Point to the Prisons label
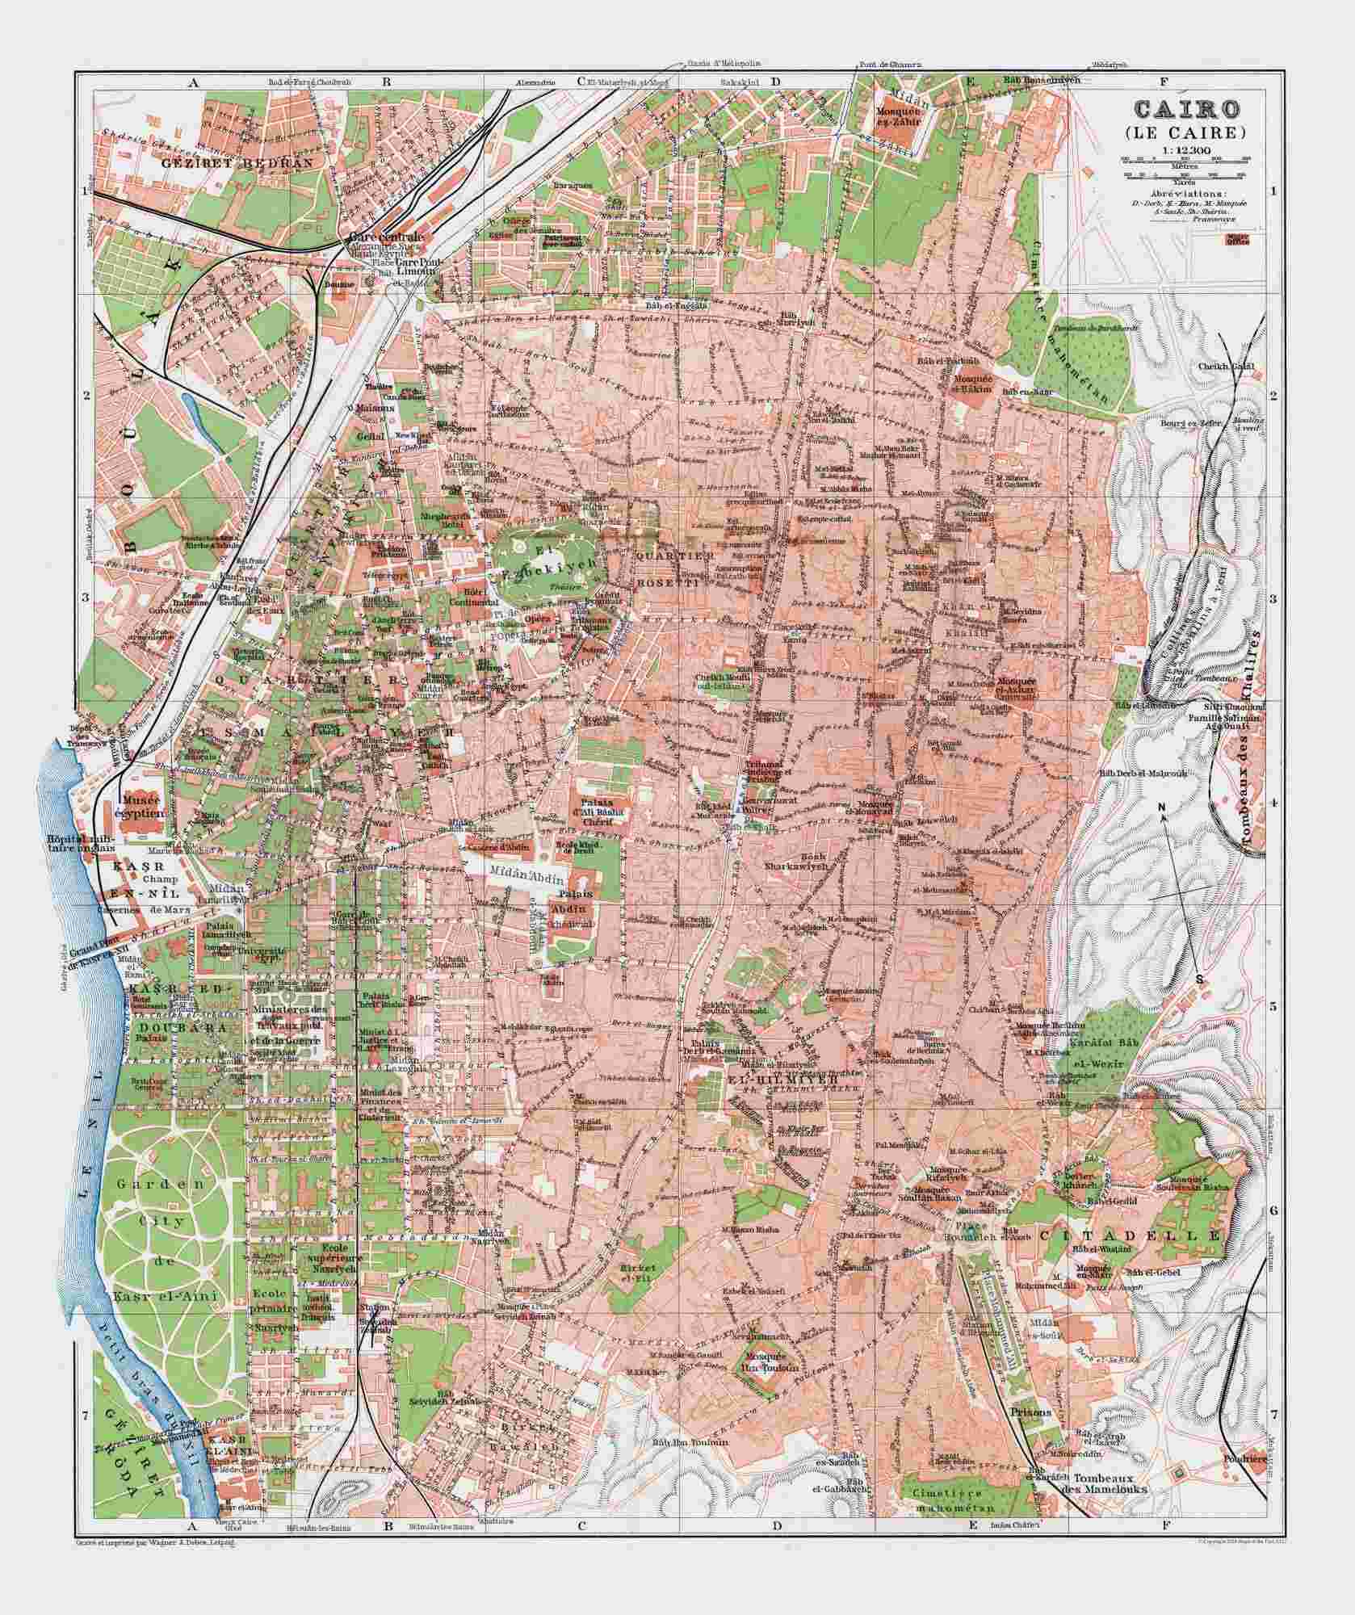(x=1030, y=1413)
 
